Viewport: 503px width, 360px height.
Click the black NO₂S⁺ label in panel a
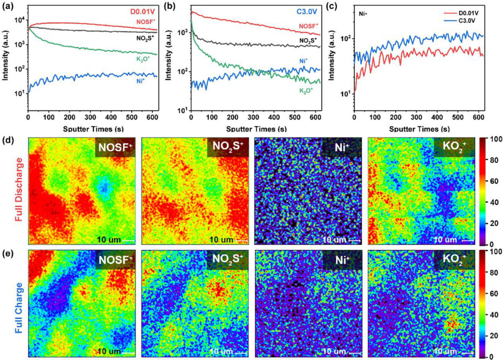[x=146, y=37]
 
